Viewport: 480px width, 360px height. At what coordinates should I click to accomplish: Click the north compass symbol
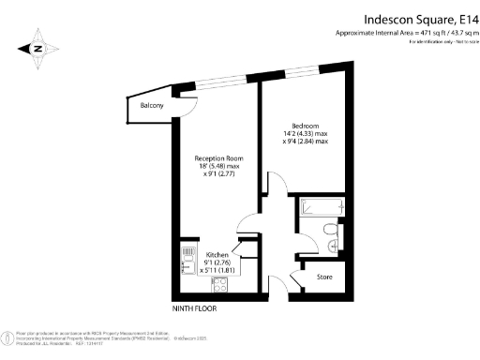(x=37, y=47)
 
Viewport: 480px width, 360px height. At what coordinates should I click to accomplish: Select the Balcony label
(x=152, y=106)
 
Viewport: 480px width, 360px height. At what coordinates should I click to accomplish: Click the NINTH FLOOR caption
(x=195, y=307)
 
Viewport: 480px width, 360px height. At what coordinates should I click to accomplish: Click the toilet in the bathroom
(x=329, y=229)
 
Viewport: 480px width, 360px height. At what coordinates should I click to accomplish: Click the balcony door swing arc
(x=187, y=107)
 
